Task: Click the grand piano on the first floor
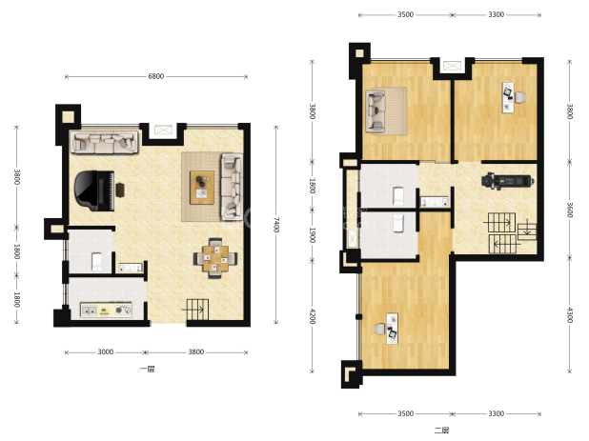[x=94, y=190]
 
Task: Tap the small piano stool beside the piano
[x=120, y=190]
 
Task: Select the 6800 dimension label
[x=156, y=76]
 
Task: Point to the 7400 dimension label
[x=276, y=225]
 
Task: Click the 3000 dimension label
[x=106, y=351]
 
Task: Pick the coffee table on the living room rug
[x=202, y=188]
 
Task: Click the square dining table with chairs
[x=215, y=258]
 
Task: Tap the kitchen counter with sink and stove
[x=107, y=310]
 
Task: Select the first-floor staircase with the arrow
[x=197, y=310]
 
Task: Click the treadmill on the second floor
[x=508, y=181]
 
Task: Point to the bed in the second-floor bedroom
[x=387, y=110]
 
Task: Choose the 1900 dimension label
[x=312, y=235]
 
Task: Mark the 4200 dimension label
[x=312, y=316]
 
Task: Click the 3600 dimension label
[x=570, y=210]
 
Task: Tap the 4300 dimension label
[x=570, y=315]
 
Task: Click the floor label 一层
[x=147, y=369]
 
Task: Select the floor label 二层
[x=442, y=431]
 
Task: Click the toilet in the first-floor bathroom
[x=97, y=262]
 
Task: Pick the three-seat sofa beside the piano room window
[x=105, y=142]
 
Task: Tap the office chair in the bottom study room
[x=380, y=330]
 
